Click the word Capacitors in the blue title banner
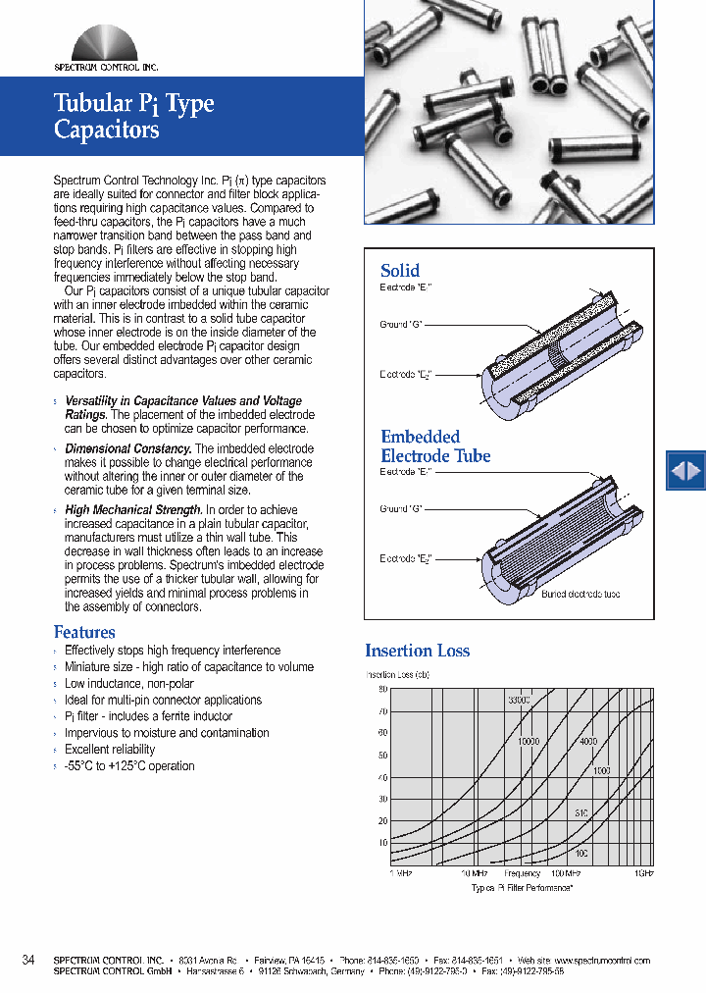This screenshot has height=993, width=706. (106, 130)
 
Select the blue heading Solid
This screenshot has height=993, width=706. (400, 271)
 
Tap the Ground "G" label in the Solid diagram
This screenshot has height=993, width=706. (400, 324)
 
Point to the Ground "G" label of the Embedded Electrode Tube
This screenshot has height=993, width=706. (400, 508)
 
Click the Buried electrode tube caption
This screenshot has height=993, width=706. (580, 595)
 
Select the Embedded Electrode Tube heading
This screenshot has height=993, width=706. (435, 446)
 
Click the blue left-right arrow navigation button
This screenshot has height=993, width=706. (685, 471)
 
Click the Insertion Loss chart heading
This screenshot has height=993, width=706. (417, 651)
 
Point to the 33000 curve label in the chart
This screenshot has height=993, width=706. (519, 700)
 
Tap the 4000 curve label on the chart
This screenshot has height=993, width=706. (588, 742)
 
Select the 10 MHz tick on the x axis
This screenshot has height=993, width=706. (475, 872)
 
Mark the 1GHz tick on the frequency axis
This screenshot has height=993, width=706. (643, 872)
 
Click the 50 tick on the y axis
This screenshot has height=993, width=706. (382, 755)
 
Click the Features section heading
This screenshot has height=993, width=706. (84, 633)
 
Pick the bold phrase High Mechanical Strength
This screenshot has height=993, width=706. (132, 510)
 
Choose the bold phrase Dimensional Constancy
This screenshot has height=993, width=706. (127, 449)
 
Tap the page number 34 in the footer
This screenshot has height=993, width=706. (28, 960)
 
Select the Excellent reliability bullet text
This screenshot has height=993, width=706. (110, 750)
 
